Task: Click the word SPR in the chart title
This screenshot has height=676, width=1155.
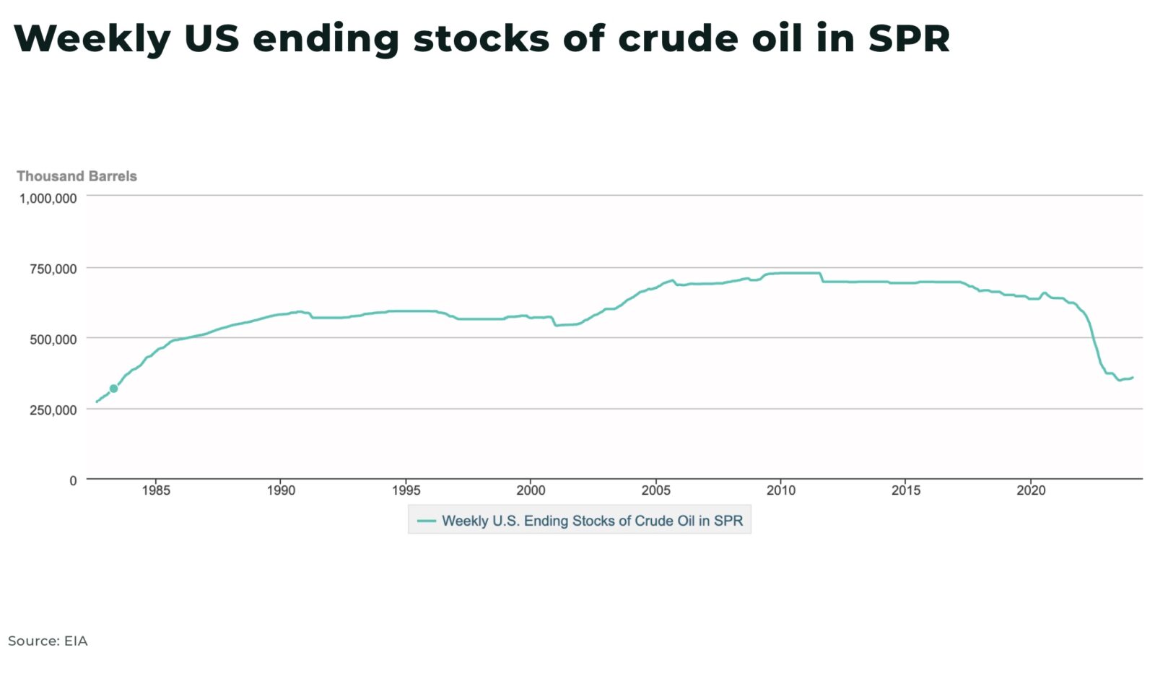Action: [x=908, y=39]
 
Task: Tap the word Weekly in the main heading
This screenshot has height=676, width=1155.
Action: [x=92, y=39]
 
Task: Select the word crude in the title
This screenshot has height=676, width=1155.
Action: [x=678, y=39]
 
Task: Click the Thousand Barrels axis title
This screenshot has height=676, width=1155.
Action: [x=77, y=176]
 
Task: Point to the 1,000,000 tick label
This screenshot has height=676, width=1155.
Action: [x=48, y=198]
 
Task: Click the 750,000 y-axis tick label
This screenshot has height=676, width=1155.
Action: [x=53, y=269]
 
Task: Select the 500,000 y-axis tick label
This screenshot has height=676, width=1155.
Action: [x=53, y=339]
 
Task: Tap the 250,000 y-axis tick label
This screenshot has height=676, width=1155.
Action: [x=53, y=410]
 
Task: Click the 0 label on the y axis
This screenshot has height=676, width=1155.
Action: [x=72, y=481]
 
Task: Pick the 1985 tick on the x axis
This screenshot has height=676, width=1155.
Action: [x=156, y=491]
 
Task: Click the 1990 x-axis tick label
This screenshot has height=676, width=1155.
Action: [x=281, y=491]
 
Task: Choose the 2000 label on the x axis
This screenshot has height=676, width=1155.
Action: [x=531, y=491]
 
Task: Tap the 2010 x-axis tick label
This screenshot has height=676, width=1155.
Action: [x=780, y=491]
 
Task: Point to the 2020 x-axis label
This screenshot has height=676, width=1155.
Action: [x=1031, y=491]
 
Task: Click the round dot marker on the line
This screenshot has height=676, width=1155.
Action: [x=113, y=389]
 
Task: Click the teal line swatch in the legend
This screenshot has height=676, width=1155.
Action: [x=427, y=521]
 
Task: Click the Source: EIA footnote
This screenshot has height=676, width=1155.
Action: [x=48, y=641]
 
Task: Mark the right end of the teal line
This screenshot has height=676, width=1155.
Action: [x=1132, y=378]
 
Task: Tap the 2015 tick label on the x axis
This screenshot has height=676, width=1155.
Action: [x=906, y=491]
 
